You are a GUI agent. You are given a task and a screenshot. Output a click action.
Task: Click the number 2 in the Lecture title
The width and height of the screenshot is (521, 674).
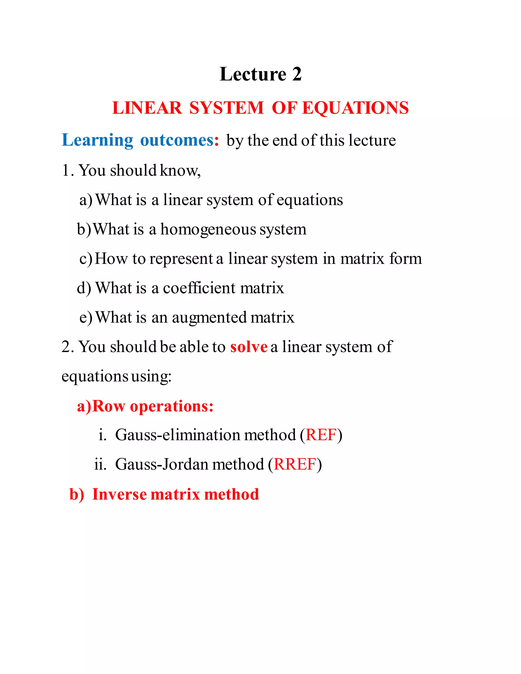pos(297,74)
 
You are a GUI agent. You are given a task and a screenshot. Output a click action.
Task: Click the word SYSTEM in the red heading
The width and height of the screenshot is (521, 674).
pos(227,108)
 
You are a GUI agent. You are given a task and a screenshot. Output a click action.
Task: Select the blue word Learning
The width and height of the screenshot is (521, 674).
pos(97,140)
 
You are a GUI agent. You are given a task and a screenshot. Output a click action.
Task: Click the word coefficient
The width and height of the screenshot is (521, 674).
pos(199,288)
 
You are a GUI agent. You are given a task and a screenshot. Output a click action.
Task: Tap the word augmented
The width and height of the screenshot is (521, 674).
pos(209,318)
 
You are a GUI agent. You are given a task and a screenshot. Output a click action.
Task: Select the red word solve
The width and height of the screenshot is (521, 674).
pos(249,347)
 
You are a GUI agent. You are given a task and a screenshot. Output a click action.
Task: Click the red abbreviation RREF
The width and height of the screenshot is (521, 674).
pos(295,464)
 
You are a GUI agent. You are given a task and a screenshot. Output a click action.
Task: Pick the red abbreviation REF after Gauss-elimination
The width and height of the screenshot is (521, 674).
pos(321,435)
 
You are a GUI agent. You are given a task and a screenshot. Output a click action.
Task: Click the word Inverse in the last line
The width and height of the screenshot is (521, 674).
pos(120,494)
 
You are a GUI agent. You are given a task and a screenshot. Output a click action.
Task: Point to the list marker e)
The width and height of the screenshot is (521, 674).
pos(85,318)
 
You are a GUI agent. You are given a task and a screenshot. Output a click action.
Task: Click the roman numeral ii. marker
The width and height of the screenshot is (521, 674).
pos(100,464)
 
